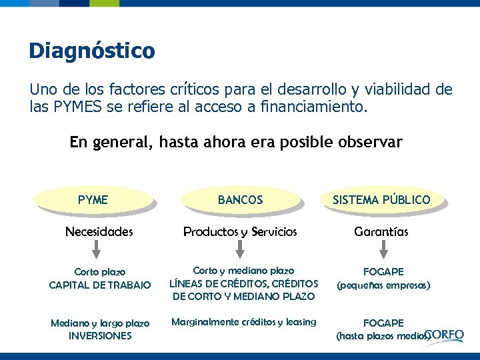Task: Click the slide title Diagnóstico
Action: click(91, 51)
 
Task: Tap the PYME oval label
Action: click(93, 199)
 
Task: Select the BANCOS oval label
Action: click(240, 199)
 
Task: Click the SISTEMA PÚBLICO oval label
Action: click(381, 199)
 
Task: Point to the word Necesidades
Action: click(99, 232)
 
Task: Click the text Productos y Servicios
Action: click(240, 232)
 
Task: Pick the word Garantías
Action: click(381, 232)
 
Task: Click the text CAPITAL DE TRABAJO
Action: click(100, 285)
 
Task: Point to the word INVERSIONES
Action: click(100, 336)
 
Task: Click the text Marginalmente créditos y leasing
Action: click(244, 322)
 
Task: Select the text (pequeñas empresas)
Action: click(383, 285)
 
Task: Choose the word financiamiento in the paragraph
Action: click(311, 107)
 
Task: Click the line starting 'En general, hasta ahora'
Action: click(236, 142)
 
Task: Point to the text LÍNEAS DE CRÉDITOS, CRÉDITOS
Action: click(244, 284)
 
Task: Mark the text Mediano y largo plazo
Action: click(100, 323)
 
